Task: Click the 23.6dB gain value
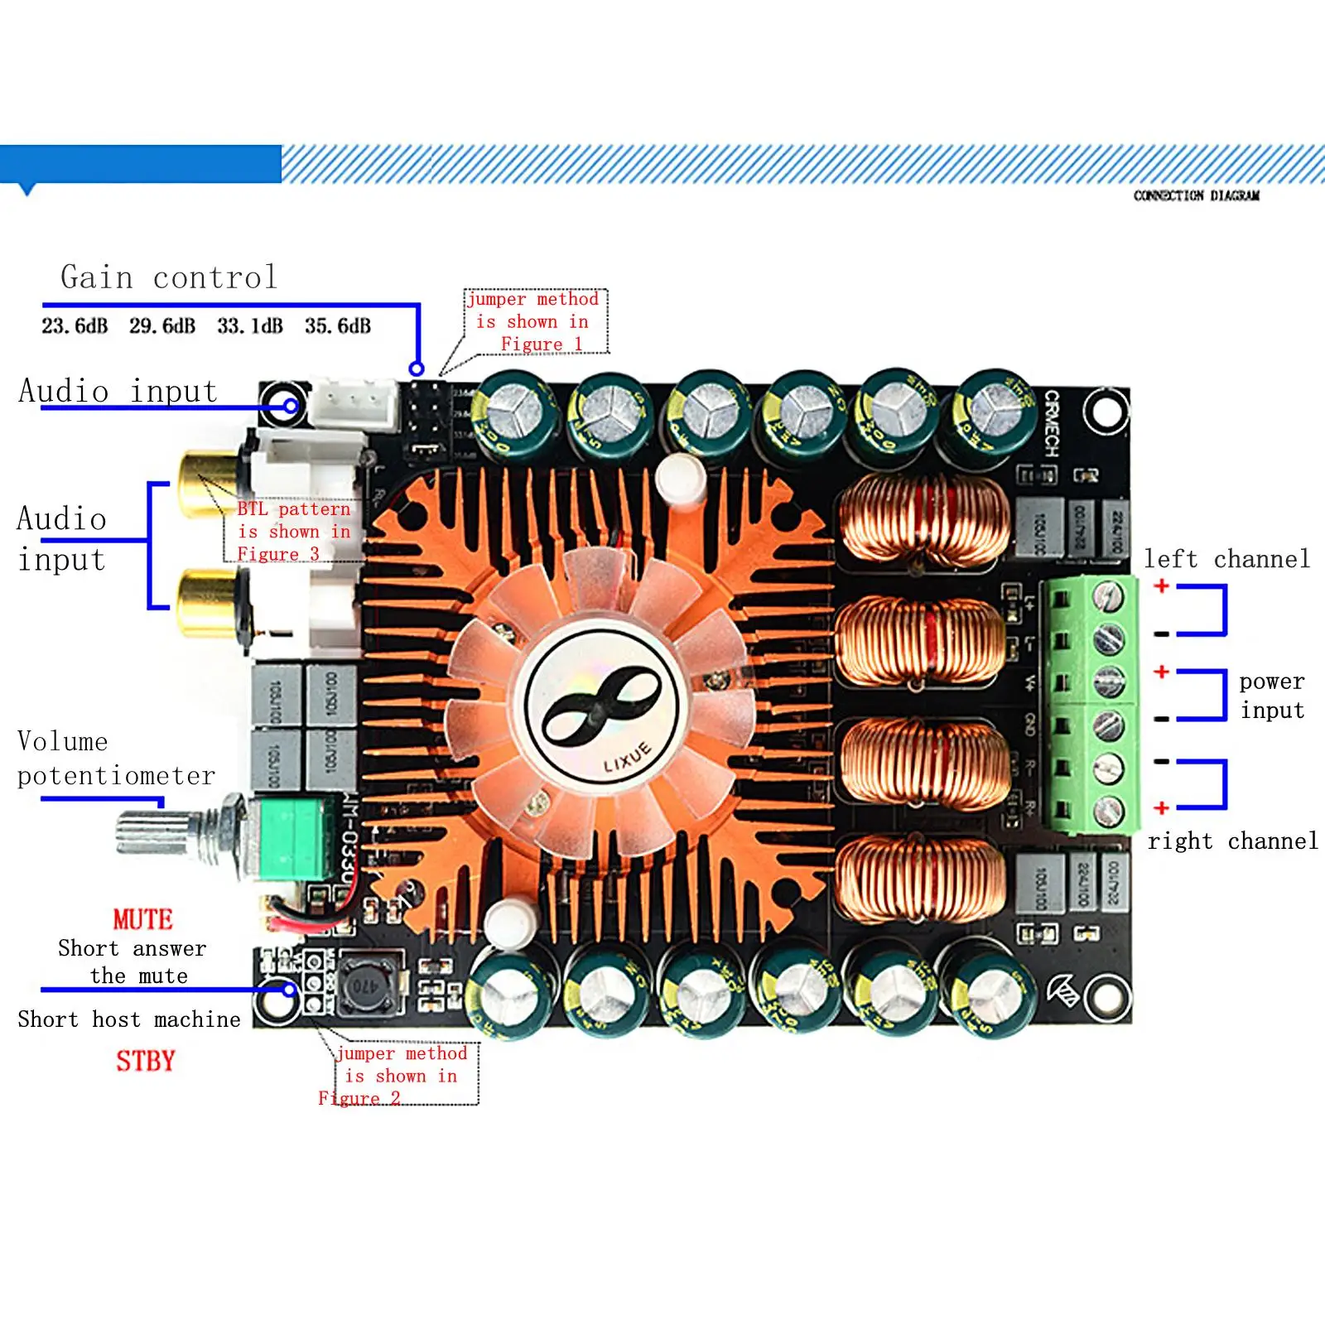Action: pyautogui.click(x=75, y=326)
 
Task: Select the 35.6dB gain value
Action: pyautogui.click(x=337, y=326)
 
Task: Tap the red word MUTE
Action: pyautogui.click(x=142, y=919)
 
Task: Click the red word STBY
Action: pyautogui.click(x=145, y=1061)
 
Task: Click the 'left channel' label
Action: pyautogui.click(x=1226, y=559)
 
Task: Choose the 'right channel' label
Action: pyautogui.click(x=1232, y=841)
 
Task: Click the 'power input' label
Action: pyautogui.click(x=1272, y=696)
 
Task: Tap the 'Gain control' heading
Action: pyautogui.click(x=169, y=277)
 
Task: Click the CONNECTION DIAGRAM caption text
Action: pyautogui.click(x=1197, y=195)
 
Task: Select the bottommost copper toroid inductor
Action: pyautogui.click(x=921, y=878)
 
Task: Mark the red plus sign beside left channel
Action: pyautogui.click(x=1162, y=585)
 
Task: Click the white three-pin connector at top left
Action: pyautogui.click(x=354, y=402)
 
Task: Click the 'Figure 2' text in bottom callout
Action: pyautogui.click(x=359, y=1099)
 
